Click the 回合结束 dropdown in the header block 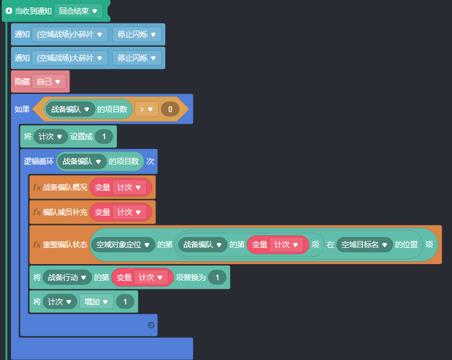click(78, 11)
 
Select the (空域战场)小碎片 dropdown click(70, 35)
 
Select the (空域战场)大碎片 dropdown click(70, 58)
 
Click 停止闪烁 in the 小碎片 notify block click(136, 35)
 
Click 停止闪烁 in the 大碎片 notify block click(136, 58)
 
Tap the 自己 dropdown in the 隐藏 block click(49, 81)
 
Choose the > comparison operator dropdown click(146, 109)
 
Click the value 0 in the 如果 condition click(170, 109)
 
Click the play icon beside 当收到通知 click(9, 11)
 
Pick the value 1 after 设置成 click(104, 136)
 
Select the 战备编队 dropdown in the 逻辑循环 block click(82, 161)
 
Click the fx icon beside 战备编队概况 click(36, 187)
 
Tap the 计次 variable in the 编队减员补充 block click(128, 212)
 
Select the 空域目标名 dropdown click(364, 244)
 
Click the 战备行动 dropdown click(68, 277)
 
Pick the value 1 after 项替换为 click(217, 277)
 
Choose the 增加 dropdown click(96, 301)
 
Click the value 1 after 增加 click(125, 301)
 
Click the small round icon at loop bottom click(151, 325)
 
